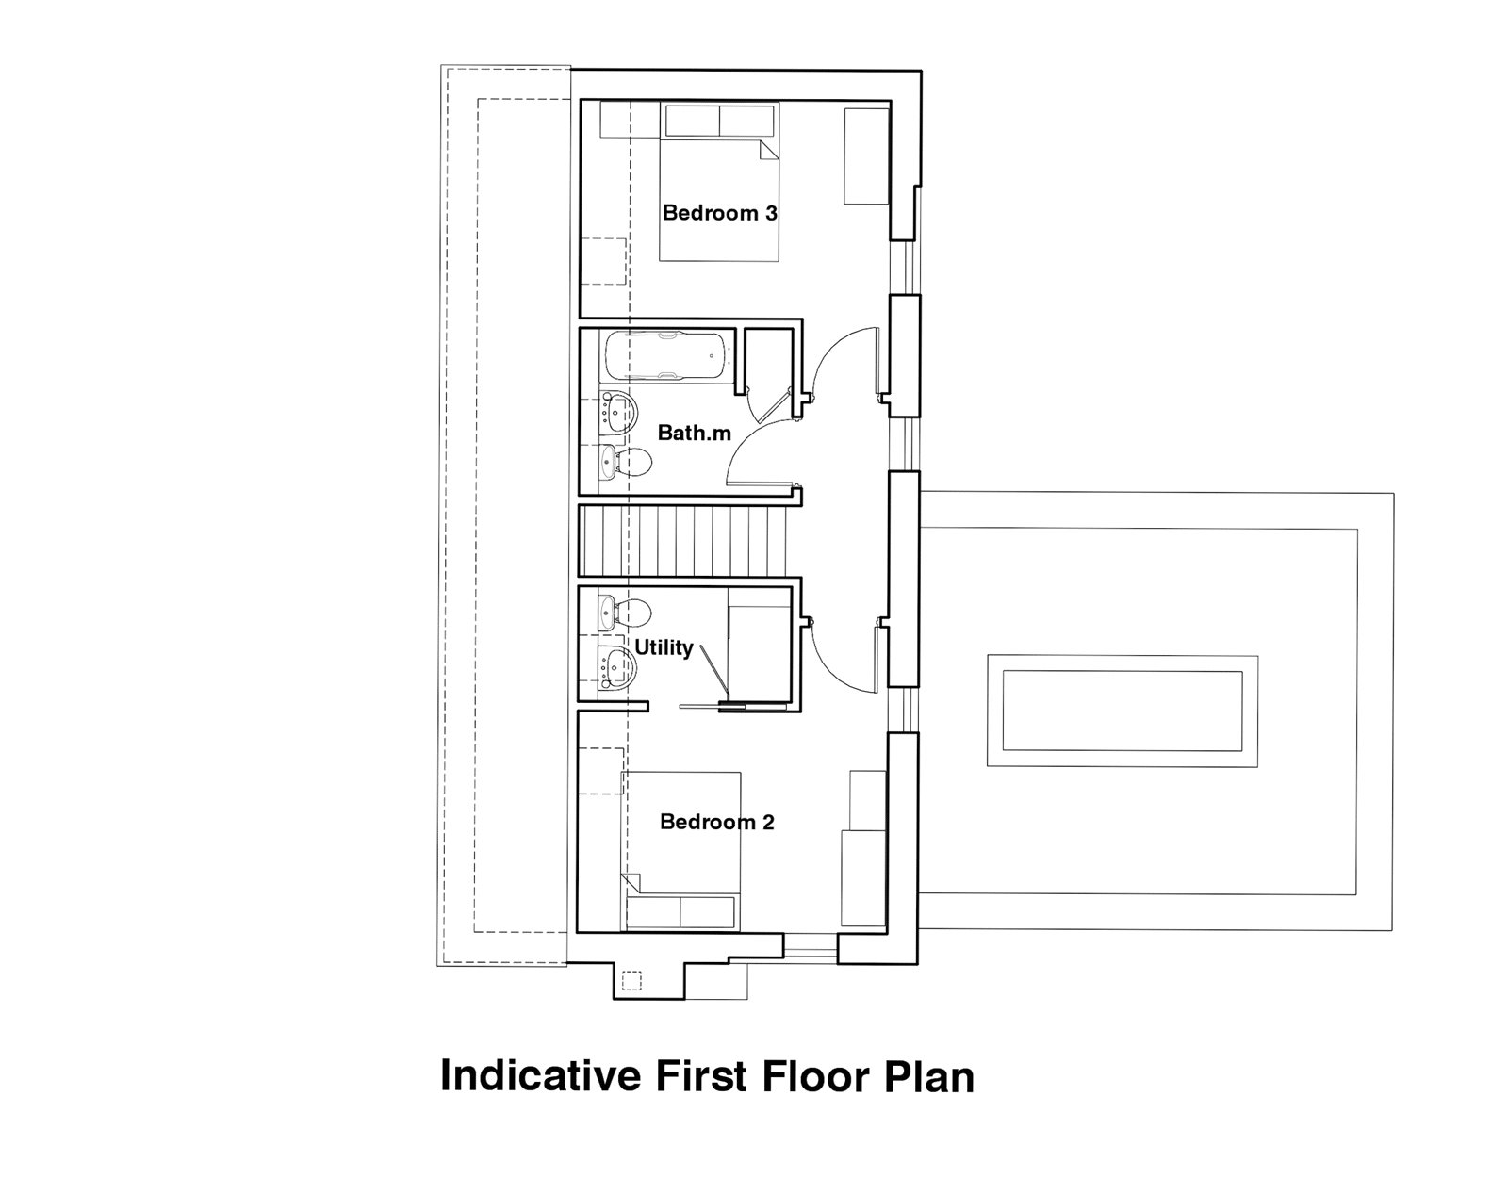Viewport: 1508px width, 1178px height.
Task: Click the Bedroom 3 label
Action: (720, 212)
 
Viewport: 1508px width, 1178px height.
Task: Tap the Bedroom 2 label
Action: (717, 822)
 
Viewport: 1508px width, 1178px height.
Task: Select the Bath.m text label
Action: (694, 433)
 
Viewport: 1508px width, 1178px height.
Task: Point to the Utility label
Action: (664, 648)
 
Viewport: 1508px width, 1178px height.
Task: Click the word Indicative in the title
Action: (541, 1076)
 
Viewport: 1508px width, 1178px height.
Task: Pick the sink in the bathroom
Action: (618, 414)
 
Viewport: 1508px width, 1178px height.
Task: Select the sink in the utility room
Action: (617, 666)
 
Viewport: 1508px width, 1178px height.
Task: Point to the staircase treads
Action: (682, 540)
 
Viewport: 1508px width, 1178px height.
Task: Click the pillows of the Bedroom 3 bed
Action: (720, 121)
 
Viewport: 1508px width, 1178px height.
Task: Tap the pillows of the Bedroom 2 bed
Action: (680, 911)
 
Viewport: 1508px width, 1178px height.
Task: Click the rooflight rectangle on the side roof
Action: (1123, 711)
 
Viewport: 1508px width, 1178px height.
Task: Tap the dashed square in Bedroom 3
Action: (604, 262)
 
